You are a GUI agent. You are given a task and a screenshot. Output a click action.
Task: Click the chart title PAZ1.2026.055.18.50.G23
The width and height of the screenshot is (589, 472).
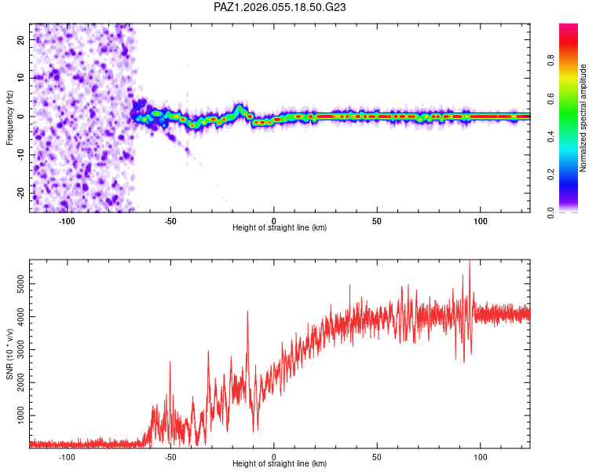coord(280,7)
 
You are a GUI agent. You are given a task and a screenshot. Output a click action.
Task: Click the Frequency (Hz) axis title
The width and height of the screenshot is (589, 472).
coord(9,117)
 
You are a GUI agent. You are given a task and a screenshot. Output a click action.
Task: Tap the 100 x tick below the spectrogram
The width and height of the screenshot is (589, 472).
coord(480,220)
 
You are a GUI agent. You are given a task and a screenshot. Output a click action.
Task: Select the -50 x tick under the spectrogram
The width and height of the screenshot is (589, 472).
coord(170,220)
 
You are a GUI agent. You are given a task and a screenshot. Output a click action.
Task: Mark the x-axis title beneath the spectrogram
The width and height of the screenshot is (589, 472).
coord(280,228)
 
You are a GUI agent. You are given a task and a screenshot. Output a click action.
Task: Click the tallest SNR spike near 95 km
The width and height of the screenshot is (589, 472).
coord(470,262)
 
